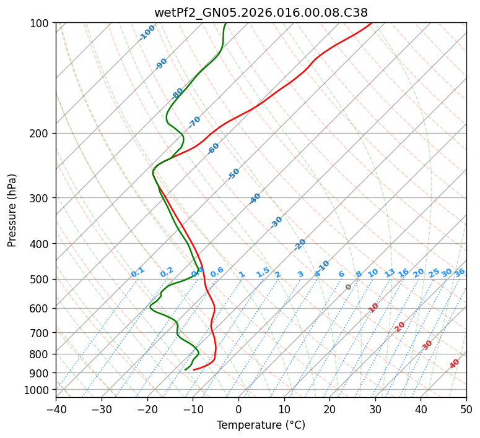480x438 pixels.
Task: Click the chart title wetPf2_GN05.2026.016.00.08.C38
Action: point(261,12)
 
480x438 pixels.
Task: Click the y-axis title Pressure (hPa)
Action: point(12,210)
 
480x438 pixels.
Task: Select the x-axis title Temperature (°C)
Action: point(261,425)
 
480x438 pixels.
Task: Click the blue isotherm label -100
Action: point(147,33)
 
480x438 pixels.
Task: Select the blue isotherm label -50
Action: point(233,174)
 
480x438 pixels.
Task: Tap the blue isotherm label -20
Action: point(300,244)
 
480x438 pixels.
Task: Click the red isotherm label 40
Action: point(455,364)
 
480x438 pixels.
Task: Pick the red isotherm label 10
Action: point(373,307)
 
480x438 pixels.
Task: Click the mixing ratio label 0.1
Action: point(137,272)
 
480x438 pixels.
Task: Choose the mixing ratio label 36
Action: point(460,272)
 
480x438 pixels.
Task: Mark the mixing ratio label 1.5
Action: point(263,272)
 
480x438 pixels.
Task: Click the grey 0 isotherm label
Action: point(349,287)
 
